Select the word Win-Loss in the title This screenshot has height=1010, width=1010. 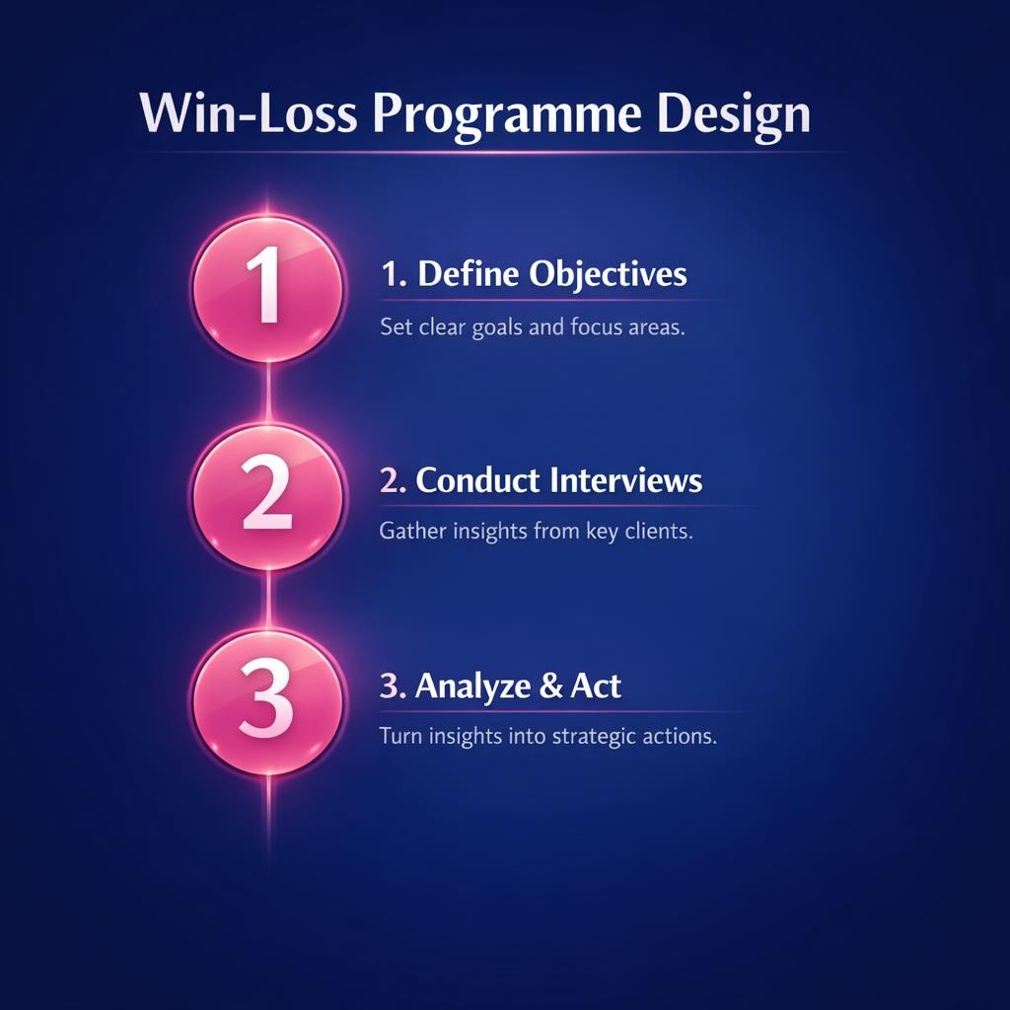[249, 114]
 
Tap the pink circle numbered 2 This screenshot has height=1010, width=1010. [268, 496]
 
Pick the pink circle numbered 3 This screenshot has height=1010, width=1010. [268, 701]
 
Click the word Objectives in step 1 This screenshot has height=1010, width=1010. [608, 274]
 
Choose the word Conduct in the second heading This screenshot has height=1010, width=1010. [477, 480]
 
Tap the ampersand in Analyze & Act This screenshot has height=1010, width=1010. [550, 685]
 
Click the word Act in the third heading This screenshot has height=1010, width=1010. [596, 685]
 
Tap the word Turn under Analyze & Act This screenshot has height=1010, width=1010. [400, 736]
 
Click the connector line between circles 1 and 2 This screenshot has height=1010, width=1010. [268, 393]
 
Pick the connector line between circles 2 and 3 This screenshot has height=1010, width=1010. [268, 599]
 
